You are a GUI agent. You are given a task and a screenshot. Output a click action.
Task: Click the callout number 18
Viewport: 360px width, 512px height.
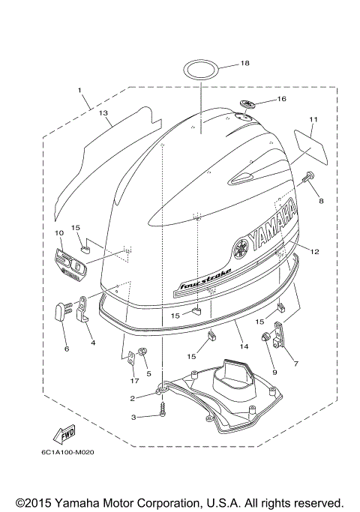tap(244, 64)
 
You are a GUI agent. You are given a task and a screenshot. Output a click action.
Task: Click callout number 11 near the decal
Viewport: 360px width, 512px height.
tap(313, 119)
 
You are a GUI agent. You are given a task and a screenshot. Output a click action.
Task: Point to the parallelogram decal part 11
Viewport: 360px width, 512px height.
tap(310, 148)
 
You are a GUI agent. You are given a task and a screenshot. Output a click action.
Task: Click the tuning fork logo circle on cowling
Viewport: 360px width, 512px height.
tap(242, 246)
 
